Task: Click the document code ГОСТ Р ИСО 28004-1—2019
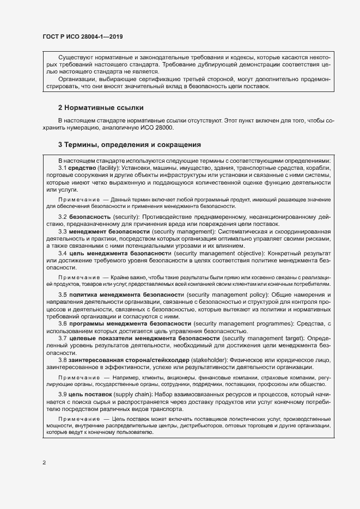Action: [x=82, y=37]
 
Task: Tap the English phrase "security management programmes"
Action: [x=239, y=323]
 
